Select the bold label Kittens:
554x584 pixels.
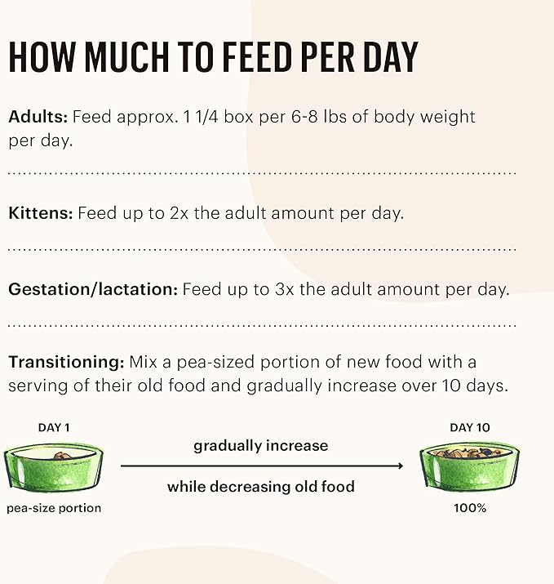click(41, 214)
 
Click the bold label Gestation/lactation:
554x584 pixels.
click(93, 289)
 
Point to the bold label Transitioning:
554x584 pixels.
click(66, 362)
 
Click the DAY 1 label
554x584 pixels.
click(54, 427)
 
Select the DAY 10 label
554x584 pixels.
click(469, 427)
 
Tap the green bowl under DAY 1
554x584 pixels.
click(54, 467)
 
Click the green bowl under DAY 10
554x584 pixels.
click(469, 467)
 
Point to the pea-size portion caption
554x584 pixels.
click(54, 508)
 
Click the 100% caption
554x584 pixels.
click(470, 508)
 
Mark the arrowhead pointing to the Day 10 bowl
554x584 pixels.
click(400, 466)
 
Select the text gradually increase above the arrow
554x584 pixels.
click(261, 446)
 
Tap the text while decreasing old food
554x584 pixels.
click(261, 487)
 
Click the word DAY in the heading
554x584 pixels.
click(383, 58)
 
